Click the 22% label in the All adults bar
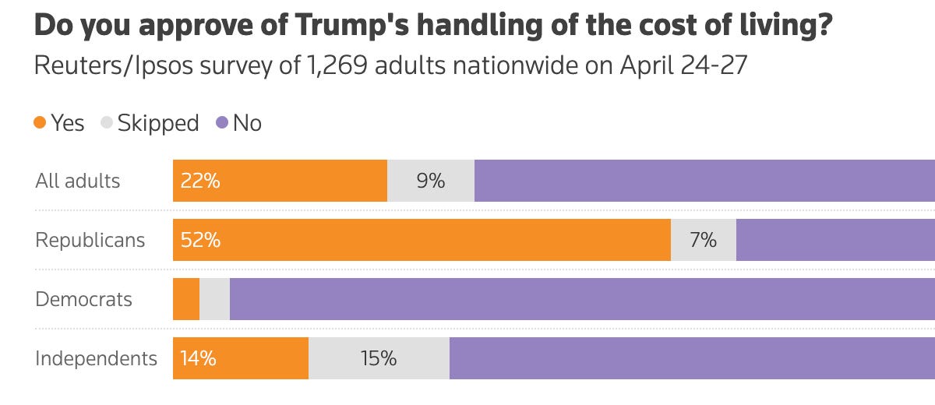click(x=200, y=181)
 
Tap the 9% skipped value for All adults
click(x=431, y=181)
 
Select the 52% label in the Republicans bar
click(x=200, y=240)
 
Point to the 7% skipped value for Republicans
click(x=704, y=240)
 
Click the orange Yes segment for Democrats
click(x=186, y=299)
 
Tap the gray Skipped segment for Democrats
click(x=214, y=299)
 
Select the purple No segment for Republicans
click(x=835, y=240)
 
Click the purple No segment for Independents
click(x=692, y=358)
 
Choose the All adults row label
click(x=78, y=181)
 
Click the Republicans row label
click(x=90, y=240)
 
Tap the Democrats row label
click(x=83, y=300)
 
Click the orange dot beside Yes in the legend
click(x=40, y=122)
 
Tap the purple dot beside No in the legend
click(x=222, y=122)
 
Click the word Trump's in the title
click(x=352, y=25)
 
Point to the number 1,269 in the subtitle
click(x=337, y=66)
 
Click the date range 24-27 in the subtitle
click(x=714, y=65)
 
